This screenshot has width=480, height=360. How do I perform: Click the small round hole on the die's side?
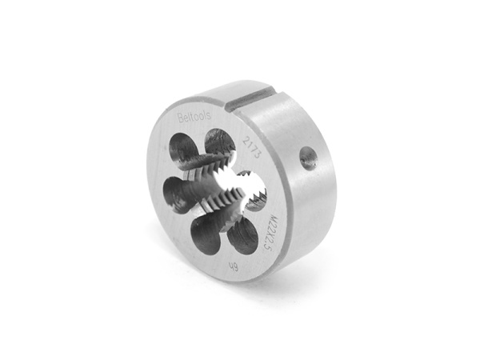(306, 159)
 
